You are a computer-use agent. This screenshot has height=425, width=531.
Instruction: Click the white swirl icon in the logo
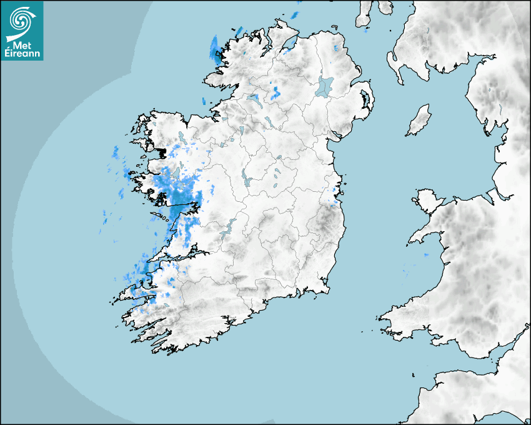(x=21, y=21)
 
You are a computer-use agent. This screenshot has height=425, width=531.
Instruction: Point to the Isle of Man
(x=419, y=121)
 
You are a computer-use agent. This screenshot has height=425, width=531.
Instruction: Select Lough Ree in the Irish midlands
(x=248, y=181)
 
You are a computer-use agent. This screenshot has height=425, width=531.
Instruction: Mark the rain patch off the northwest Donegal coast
(x=216, y=50)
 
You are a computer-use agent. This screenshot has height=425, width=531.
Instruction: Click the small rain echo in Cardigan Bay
(x=427, y=255)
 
